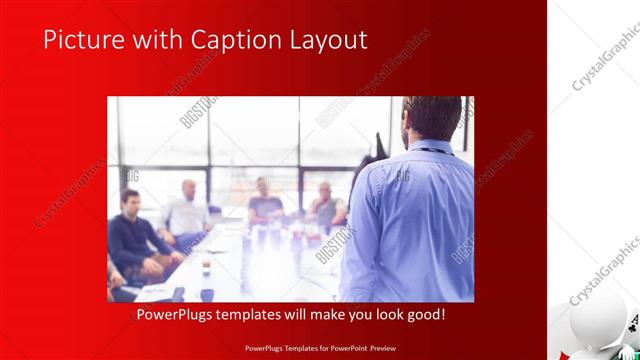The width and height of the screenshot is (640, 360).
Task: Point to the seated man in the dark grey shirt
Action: pyautogui.click(x=265, y=204)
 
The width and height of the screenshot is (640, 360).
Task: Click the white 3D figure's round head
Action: pyautogui.click(x=593, y=328)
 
